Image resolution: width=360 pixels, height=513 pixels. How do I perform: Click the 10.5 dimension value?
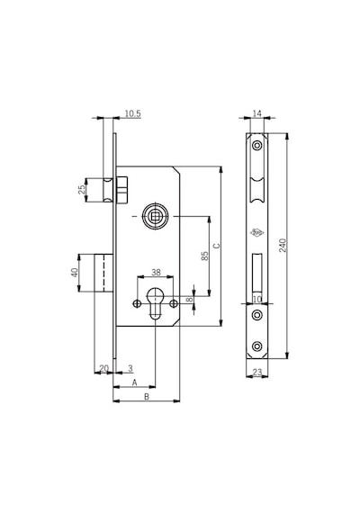point(132,113)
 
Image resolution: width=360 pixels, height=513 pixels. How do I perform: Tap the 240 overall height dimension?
point(283,246)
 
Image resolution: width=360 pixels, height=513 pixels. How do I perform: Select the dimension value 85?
point(205,256)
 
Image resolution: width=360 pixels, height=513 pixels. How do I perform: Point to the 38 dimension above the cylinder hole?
point(156,272)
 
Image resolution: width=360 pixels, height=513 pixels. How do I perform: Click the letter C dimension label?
point(217,246)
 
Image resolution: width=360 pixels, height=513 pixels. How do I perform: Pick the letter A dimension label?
point(134,382)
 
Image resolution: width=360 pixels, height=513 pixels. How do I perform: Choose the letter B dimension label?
point(147,397)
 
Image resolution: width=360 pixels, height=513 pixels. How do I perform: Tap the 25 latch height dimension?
point(82,189)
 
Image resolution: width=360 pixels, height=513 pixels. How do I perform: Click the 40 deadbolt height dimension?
point(75,273)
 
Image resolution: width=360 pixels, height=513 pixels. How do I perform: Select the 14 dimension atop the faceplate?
point(257,113)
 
